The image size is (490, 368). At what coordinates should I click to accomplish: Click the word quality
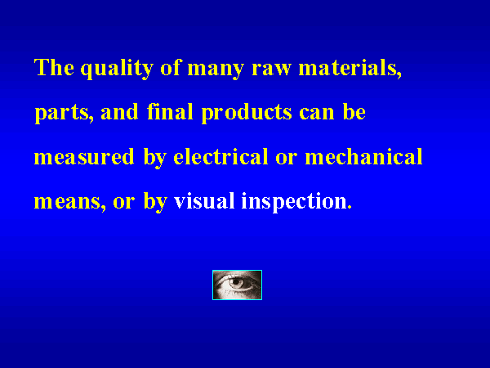click(x=117, y=69)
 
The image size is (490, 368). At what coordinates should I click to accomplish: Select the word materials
click(x=350, y=68)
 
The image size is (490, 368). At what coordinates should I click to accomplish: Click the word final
click(x=170, y=112)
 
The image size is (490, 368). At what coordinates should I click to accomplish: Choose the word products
click(x=247, y=114)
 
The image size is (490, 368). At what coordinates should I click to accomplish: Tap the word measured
click(x=84, y=156)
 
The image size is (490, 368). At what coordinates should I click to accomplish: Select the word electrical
click(x=220, y=156)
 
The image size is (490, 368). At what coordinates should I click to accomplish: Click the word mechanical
click(x=363, y=156)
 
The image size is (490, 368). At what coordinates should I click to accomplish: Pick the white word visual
click(x=204, y=201)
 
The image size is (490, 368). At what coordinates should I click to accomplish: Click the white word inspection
click(x=296, y=202)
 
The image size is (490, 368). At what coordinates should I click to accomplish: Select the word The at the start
click(x=54, y=67)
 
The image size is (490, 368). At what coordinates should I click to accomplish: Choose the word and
click(x=119, y=112)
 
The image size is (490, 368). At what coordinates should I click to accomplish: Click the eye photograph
click(x=237, y=285)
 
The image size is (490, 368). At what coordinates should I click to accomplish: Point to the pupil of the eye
click(x=237, y=283)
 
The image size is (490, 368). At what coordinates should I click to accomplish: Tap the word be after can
click(x=354, y=112)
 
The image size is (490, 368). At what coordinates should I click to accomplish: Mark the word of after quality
click(x=171, y=67)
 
